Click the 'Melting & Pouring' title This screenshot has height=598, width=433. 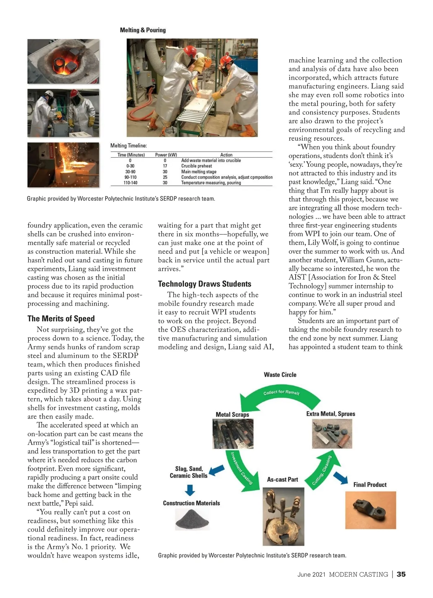(x=143, y=30)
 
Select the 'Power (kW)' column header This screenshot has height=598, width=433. (x=166, y=155)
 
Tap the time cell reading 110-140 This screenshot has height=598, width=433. (x=130, y=183)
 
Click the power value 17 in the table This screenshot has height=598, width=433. (x=165, y=166)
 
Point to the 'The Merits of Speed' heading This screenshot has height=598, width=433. (x=61, y=319)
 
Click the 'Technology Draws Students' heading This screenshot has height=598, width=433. (x=205, y=284)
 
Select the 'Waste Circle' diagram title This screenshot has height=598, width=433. (x=280, y=375)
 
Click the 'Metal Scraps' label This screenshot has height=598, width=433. (x=232, y=415)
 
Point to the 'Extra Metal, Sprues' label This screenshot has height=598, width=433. (x=331, y=414)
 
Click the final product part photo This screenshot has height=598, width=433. (x=371, y=510)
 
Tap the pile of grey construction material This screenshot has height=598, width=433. (x=192, y=520)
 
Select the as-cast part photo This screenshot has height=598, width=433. (x=283, y=516)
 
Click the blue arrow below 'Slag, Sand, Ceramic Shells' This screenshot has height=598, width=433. (x=190, y=490)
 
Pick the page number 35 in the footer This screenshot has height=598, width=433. (x=401, y=574)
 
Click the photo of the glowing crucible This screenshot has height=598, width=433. (x=63, y=61)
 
